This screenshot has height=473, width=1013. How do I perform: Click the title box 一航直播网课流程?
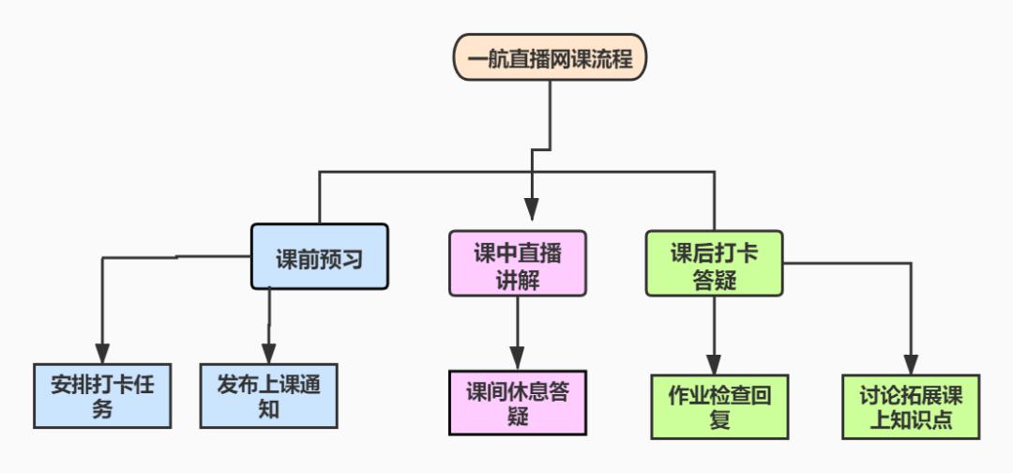(550, 60)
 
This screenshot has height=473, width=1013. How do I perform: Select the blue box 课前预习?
(319, 256)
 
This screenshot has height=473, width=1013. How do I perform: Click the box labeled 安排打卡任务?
(102, 395)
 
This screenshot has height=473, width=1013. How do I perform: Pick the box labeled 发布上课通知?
(269, 395)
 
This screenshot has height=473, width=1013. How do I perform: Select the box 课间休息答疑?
(518, 404)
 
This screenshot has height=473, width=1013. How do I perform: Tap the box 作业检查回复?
(719, 406)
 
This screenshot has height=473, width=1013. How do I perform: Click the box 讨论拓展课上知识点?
(911, 406)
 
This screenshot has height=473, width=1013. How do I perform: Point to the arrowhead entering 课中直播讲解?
(532, 210)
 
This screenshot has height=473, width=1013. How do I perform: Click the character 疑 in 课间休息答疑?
(518, 417)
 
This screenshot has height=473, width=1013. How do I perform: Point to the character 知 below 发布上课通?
(269, 409)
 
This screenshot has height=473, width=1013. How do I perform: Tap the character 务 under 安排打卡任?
(102, 409)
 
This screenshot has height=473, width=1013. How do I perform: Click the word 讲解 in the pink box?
(518, 280)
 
